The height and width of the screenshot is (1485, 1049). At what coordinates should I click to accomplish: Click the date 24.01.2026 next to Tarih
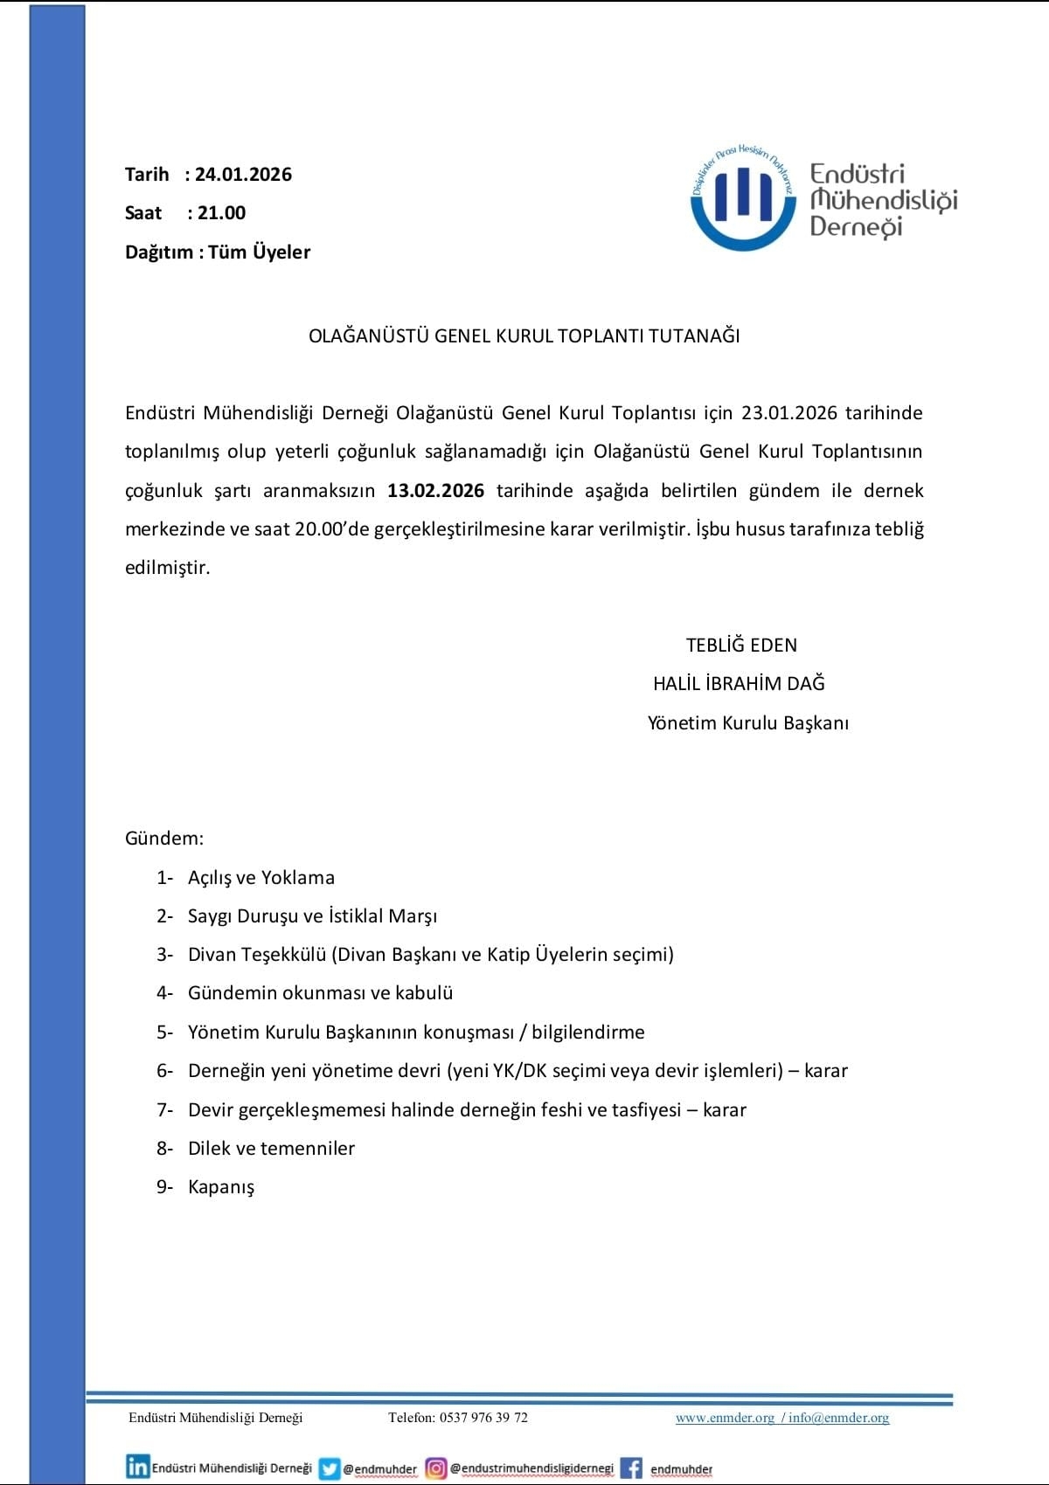[243, 175]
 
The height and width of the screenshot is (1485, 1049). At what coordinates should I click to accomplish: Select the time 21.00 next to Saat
[221, 213]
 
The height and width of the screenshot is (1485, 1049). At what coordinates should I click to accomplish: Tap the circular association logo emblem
[743, 198]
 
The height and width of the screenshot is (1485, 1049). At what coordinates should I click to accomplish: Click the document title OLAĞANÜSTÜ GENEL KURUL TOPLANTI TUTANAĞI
[524, 336]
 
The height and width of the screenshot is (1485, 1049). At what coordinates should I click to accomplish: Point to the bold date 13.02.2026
[435, 491]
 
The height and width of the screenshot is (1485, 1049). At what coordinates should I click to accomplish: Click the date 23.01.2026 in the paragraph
[789, 413]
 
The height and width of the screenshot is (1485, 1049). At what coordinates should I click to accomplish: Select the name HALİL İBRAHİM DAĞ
[739, 684]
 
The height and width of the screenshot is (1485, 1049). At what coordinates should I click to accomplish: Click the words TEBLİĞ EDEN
[741, 646]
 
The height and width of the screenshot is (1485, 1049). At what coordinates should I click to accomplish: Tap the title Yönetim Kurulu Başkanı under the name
[747, 723]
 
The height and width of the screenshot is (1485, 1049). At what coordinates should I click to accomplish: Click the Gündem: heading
[164, 839]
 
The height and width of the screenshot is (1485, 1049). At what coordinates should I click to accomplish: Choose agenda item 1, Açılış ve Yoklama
[261, 878]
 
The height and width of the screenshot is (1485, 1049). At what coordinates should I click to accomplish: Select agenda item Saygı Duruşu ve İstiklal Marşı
[312, 916]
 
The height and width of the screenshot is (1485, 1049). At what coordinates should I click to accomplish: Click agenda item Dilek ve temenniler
[271, 1149]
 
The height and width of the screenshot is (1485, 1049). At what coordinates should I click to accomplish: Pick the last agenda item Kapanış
[221, 1187]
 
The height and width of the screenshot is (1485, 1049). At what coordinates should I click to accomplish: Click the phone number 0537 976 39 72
[483, 1418]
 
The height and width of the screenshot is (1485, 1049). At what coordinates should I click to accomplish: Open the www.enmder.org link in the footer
[725, 1418]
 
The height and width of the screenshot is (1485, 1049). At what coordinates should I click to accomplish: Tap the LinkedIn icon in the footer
[137, 1467]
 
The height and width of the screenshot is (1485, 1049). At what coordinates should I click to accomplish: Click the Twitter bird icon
[330, 1468]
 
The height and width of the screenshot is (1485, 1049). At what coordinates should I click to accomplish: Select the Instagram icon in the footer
[436, 1468]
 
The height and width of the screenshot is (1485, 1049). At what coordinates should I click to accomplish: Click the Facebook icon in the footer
[631, 1468]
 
